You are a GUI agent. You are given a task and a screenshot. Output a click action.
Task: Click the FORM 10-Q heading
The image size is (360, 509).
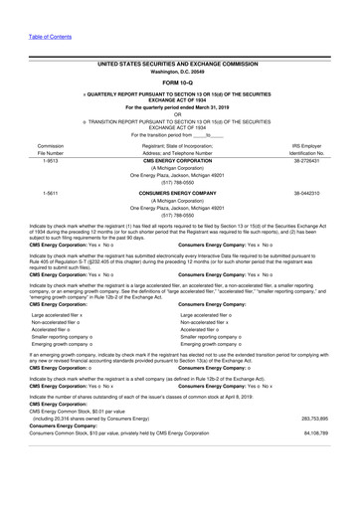[x=179, y=83]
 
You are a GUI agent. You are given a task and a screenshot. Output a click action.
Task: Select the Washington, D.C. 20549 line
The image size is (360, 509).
[x=179, y=72]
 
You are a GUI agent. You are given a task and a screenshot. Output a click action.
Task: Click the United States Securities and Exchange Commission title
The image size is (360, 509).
[x=179, y=62]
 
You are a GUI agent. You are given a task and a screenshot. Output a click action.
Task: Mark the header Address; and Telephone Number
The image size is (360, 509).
[x=179, y=154]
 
